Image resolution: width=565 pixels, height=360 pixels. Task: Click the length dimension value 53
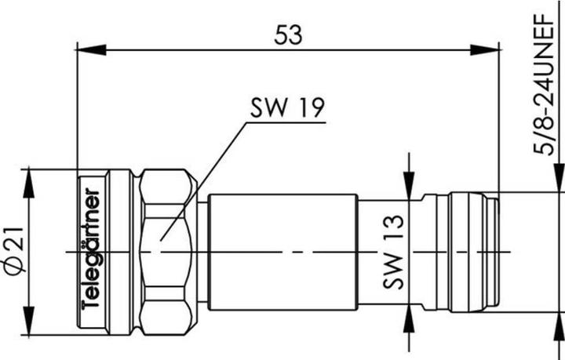288,35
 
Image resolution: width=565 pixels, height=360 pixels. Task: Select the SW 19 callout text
287,107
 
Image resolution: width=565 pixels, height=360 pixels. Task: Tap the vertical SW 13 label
393,252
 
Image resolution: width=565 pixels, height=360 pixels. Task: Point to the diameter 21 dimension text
14,250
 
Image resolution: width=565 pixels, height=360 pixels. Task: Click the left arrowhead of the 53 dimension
92,50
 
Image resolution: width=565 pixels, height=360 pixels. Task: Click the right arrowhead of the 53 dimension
485,50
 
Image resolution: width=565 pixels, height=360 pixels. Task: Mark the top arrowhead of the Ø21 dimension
28,184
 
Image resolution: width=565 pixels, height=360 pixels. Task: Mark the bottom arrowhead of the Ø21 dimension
28,321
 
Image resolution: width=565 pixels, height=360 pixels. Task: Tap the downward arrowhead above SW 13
409,185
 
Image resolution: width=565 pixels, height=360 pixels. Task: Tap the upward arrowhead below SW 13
409,318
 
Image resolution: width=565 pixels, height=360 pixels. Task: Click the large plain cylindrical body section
283,252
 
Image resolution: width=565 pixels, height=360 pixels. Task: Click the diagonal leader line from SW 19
203,181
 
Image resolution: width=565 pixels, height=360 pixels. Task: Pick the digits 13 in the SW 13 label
393,227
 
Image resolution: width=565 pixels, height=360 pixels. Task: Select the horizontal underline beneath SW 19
286,122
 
